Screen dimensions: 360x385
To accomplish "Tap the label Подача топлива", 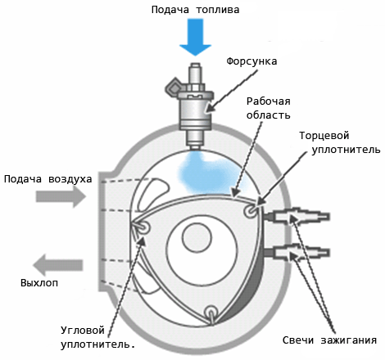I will click(x=196, y=10).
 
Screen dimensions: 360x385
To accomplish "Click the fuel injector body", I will click(x=196, y=102).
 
